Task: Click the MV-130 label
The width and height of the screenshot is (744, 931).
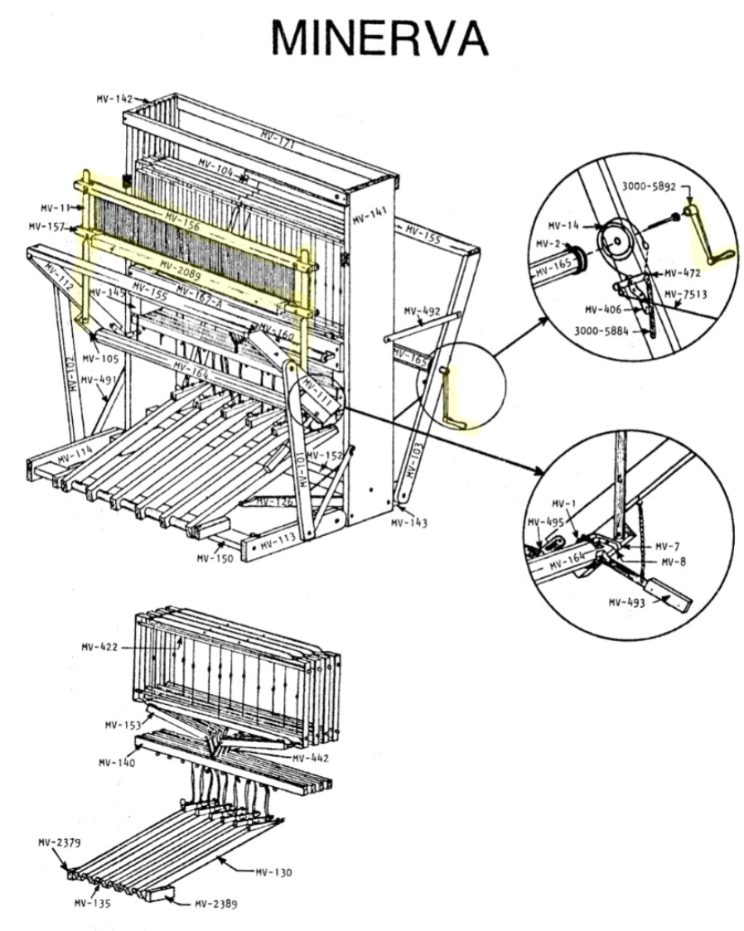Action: (x=273, y=871)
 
